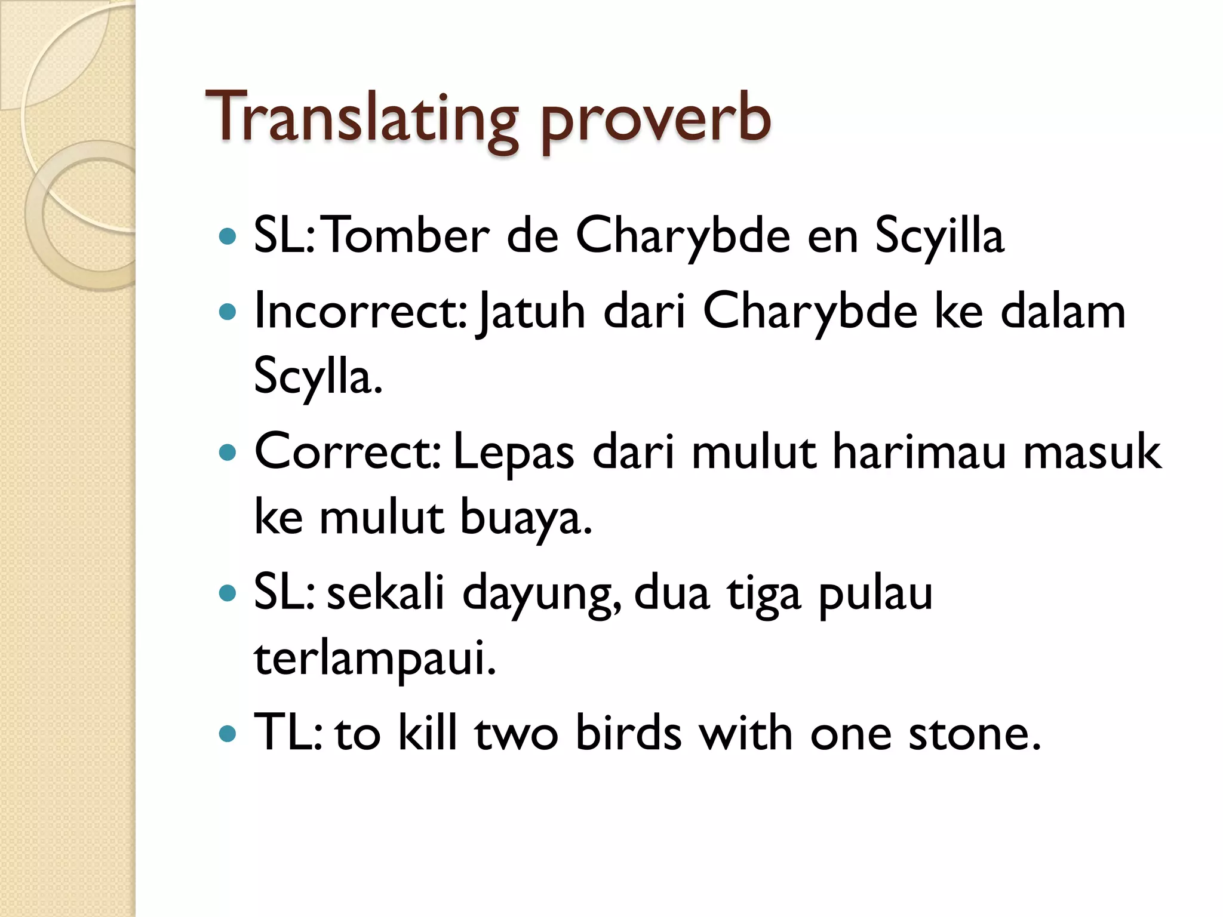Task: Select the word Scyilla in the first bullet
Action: pyautogui.click(x=939, y=236)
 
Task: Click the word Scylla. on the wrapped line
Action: pyautogui.click(x=317, y=377)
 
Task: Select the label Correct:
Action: pyautogui.click(x=347, y=452)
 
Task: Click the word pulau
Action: pyautogui.click(x=875, y=594)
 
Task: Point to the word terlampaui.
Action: pyautogui.click(x=375, y=659)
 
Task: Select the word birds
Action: pyautogui.click(x=628, y=734)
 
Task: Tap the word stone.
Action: pyautogui.click(x=975, y=734)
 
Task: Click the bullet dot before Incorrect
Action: pyautogui.click(x=228, y=312)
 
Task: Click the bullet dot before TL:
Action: pyautogui.click(x=228, y=734)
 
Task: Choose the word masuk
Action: pyautogui.click(x=1092, y=452)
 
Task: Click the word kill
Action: pyautogui.click(x=427, y=734)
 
